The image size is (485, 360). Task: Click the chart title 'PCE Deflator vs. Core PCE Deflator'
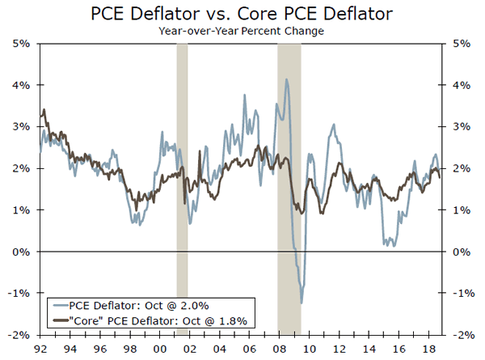point(242,14)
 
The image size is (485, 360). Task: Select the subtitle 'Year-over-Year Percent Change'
point(242,32)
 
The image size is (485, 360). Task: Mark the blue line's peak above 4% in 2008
point(287,79)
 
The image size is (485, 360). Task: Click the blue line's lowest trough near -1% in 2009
point(302,303)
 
